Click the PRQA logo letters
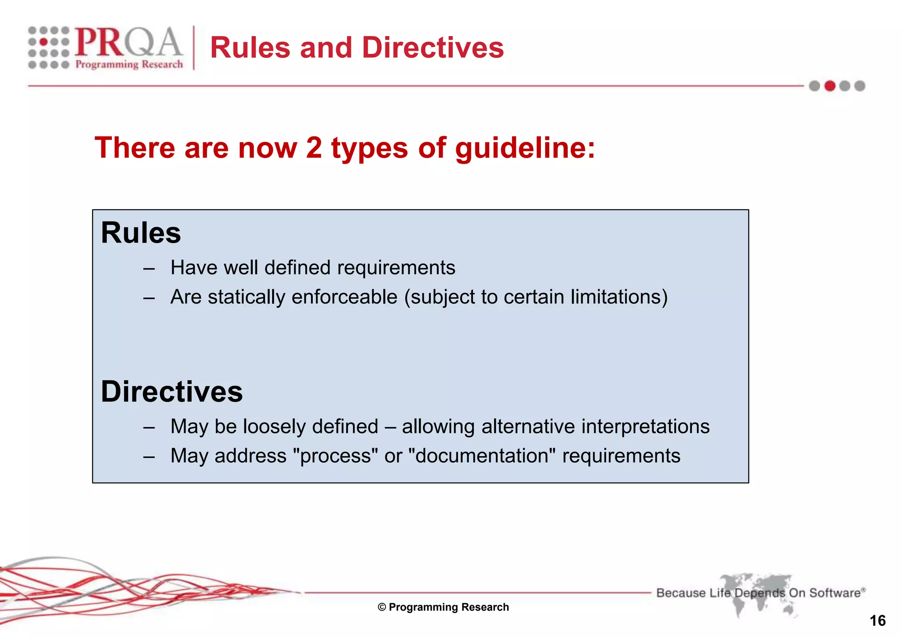128,42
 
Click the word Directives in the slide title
433,48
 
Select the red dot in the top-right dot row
830,86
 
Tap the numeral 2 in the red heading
314,148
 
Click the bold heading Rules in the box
141,233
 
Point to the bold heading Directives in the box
172,391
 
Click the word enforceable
344,297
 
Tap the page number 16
877,621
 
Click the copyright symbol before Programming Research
382,608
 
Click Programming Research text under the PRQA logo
129,65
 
